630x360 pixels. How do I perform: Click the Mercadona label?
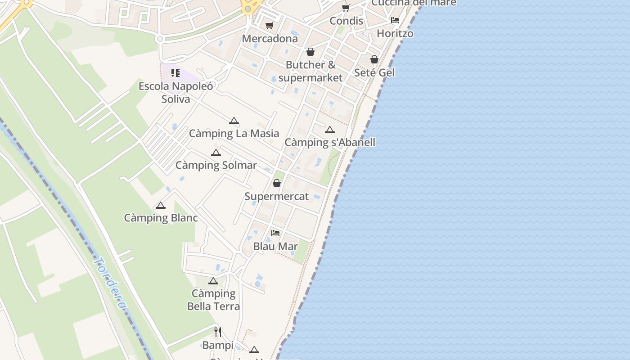coord(270,39)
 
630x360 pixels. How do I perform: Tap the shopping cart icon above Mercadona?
coord(269,26)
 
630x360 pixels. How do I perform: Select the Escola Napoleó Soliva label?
coord(175,92)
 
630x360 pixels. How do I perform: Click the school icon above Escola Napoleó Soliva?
coord(175,73)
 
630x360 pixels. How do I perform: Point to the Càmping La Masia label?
coord(234,134)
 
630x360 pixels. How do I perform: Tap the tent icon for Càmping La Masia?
coord(234,121)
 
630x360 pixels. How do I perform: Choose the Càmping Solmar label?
coord(216,165)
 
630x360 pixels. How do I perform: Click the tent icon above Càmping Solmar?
coord(216,153)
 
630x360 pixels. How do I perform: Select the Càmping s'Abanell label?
coord(330,143)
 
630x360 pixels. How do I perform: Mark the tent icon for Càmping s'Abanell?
coord(330,130)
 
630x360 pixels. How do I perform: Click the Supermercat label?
coord(277,197)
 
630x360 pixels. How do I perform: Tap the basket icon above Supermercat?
coord(277,183)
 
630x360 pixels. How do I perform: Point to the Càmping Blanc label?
coord(161,218)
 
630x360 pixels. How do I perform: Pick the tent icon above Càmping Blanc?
coord(161,206)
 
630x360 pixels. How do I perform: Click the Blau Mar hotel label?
coord(275,246)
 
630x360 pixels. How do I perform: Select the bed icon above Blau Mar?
coord(275,233)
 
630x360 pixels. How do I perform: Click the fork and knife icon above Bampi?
coord(218,332)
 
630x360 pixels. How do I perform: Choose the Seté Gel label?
coord(374,72)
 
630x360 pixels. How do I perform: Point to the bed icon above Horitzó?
coord(395,20)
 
